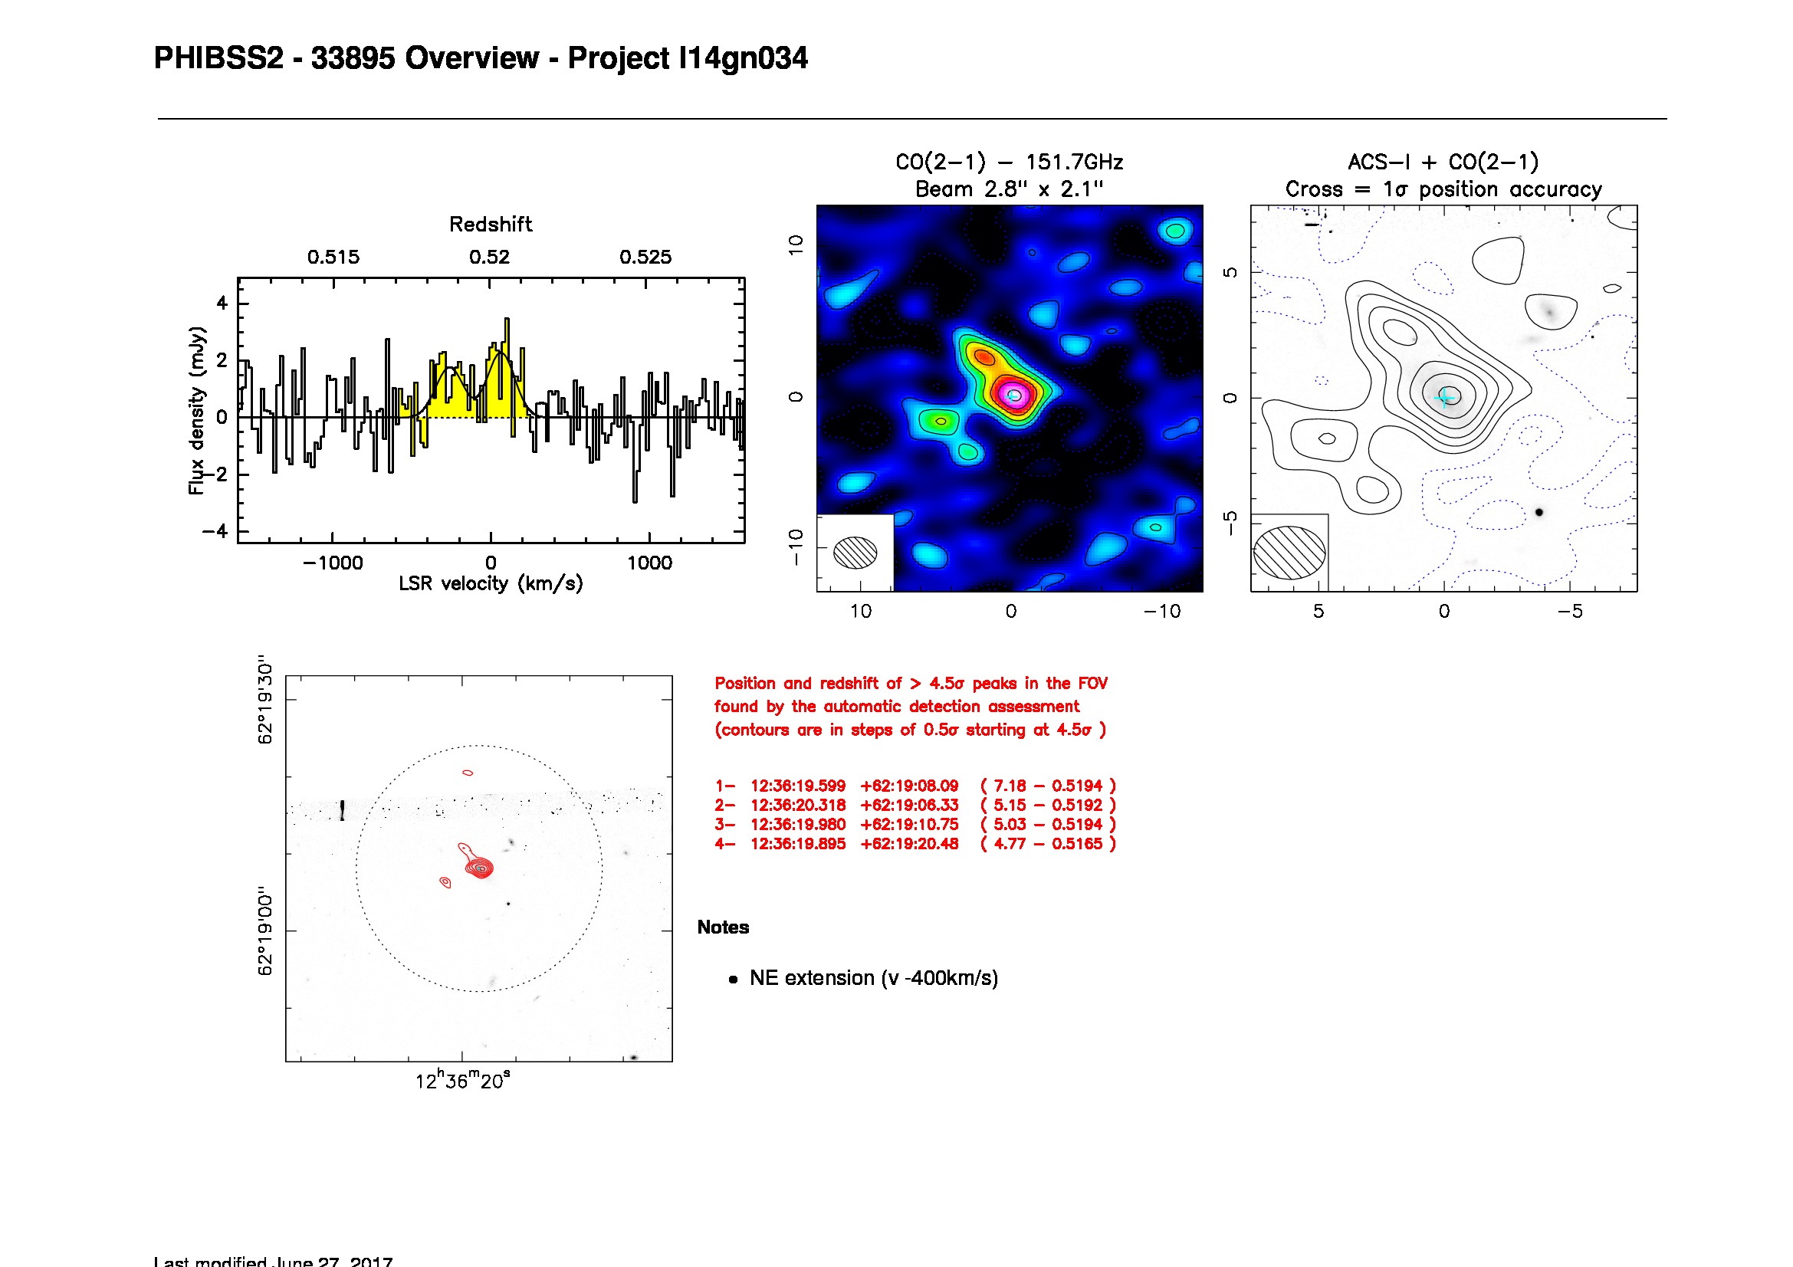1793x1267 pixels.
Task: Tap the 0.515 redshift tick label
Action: click(333, 257)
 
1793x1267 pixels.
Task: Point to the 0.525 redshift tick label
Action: click(645, 257)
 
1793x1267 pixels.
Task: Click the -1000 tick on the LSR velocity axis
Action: click(333, 563)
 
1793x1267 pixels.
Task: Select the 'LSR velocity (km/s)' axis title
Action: click(491, 584)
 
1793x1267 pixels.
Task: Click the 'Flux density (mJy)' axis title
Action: click(197, 411)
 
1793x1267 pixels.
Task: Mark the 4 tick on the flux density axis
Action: click(222, 303)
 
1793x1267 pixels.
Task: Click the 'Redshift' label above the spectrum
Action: click(491, 225)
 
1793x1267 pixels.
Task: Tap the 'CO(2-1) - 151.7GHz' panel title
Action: click(1009, 162)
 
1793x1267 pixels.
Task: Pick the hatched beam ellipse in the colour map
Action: click(855, 553)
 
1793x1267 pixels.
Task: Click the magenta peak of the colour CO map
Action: click(1013, 395)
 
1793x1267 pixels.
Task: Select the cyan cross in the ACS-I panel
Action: click(1445, 397)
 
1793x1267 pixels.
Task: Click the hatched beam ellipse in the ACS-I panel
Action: click(1289, 553)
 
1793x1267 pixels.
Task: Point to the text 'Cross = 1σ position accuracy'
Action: click(1443, 189)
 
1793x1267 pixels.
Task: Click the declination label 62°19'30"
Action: click(265, 700)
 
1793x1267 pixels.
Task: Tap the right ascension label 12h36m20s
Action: click(462, 1082)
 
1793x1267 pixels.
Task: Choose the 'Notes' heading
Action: click(723, 927)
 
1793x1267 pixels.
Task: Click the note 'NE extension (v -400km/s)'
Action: click(873, 978)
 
